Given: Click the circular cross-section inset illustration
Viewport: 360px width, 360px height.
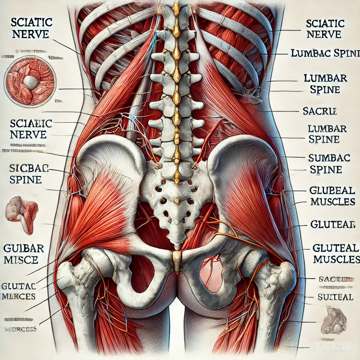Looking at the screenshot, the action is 30,82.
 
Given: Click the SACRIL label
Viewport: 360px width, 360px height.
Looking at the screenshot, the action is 320,111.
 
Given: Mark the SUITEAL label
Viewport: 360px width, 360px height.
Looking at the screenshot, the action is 335,297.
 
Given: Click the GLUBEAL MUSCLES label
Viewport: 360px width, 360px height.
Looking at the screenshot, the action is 332,195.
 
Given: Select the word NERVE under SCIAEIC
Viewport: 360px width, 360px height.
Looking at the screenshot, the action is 28,134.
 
